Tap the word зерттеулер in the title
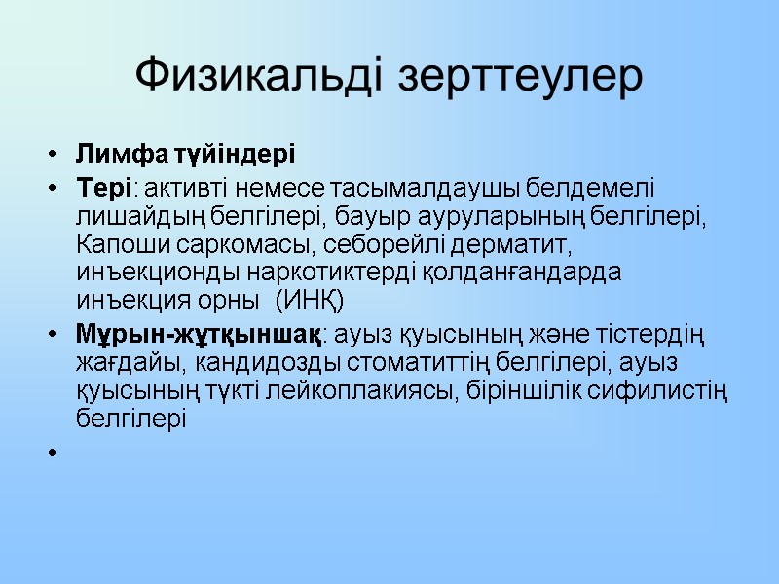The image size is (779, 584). [523, 76]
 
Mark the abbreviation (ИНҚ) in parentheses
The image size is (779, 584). [311, 299]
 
